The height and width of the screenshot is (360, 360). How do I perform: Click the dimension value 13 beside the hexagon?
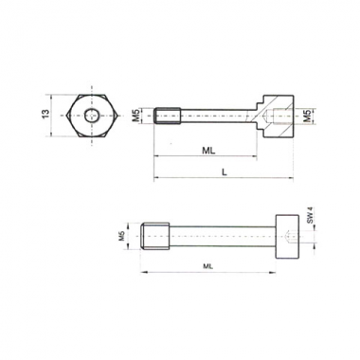point(46,115)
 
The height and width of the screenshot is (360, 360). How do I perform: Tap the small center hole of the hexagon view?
point(92,116)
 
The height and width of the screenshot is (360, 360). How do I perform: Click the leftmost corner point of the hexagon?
point(67,116)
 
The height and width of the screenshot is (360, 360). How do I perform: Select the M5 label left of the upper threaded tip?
point(135,116)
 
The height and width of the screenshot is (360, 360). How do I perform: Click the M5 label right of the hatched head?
point(306,116)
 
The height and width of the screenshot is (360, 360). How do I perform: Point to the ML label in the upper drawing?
point(208,151)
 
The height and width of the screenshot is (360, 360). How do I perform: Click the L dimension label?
point(224,172)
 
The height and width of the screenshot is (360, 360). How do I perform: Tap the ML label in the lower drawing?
point(207,266)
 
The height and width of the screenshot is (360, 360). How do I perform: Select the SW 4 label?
point(310,215)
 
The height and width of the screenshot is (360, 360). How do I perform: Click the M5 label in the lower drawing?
point(121,236)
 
